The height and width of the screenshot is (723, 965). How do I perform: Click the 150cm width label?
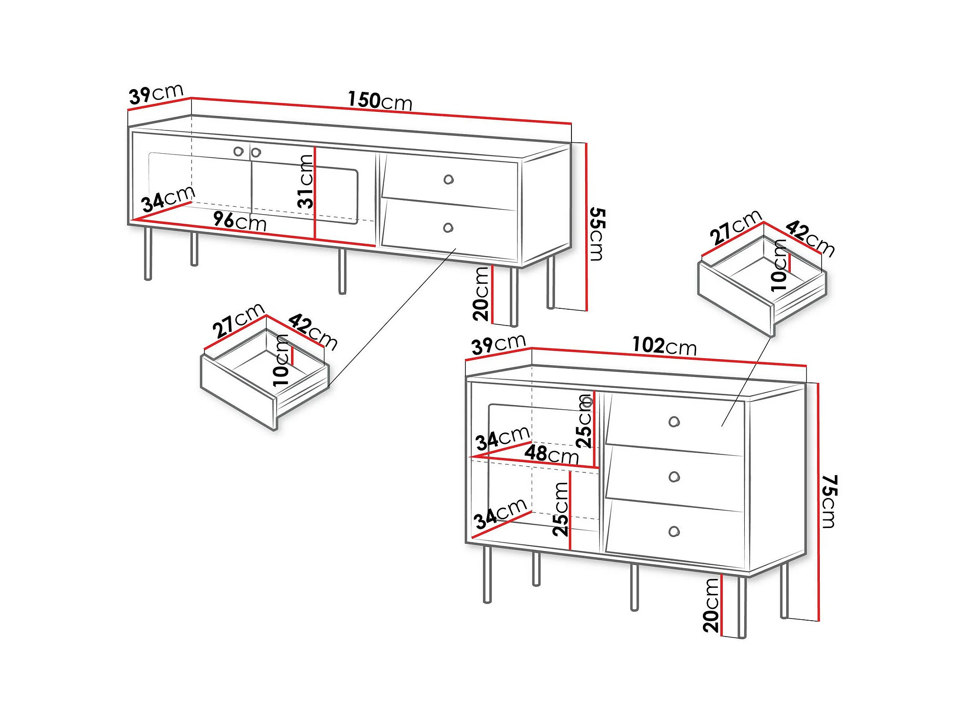click(380, 100)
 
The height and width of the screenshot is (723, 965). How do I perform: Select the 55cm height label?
click(597, 234)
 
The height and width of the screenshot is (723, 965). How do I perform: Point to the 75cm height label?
click(829, 502)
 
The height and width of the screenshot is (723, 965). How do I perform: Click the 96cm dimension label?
click(240, 221)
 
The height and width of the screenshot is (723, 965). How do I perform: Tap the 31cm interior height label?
click(305, 181)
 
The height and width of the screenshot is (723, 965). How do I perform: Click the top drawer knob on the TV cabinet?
click(449, 180)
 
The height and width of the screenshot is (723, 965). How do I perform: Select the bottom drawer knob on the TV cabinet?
click(448, 227)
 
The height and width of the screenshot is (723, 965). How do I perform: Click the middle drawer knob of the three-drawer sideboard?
click(674, 477)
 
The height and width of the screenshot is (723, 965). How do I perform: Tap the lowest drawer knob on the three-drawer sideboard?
click(674, 531)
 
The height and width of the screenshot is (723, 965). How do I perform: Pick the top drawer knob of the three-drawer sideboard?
click(674, 422)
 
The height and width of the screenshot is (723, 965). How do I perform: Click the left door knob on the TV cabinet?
click(238, 151)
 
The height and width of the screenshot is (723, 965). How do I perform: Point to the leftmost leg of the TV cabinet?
click(148, 253)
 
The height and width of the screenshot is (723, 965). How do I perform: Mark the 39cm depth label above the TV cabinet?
click(156, 95)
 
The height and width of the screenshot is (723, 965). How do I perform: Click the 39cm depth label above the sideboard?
click(499, 345)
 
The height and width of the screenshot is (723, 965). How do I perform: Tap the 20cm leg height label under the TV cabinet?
click(480, 294)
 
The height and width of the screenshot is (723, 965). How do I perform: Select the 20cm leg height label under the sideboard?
click(711, 606)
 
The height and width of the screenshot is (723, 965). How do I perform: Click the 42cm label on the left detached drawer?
click(313, 331)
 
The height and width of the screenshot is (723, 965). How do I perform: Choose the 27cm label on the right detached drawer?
click(736, 227)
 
